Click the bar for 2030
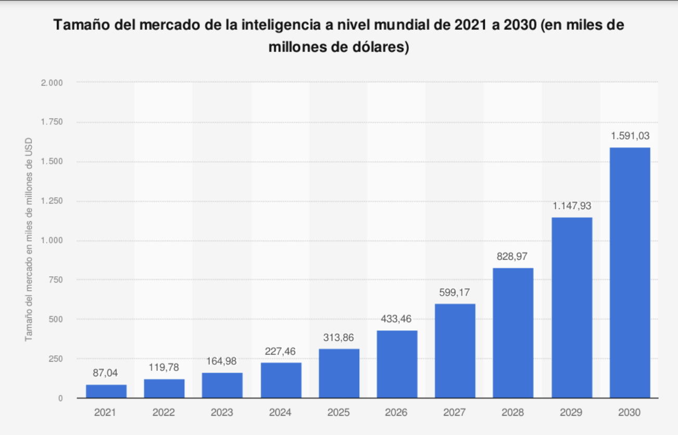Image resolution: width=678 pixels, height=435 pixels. (630, 273)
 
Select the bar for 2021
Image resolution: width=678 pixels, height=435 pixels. (106, 391)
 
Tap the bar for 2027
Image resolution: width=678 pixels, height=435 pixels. (455, 351)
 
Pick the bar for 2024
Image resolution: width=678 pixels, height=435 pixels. (281, 380)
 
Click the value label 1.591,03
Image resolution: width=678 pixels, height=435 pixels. (630, 136)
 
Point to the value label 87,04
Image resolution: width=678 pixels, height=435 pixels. (106, 374)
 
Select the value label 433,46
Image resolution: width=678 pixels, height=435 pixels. (397, 318)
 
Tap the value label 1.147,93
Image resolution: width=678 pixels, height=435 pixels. (572, 206)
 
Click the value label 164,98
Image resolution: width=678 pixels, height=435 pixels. (222, 361)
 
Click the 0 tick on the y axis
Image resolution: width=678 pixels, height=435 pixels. (60, 398)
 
